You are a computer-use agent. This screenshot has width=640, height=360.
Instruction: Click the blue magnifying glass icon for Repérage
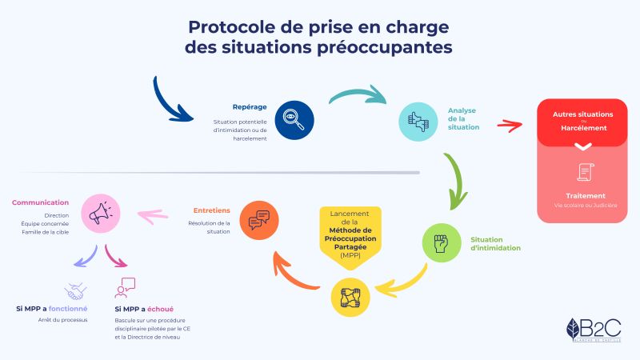pyautogui.click(x=294, y=120)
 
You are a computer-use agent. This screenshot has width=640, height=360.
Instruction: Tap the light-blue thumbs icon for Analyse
pyautogui.click(x=418, y=121)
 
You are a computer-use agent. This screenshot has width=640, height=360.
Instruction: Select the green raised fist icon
pyautogui.click(x=442, y=243)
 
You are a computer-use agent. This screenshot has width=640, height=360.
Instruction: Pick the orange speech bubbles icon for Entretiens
pyautogui.click(x=260, y=220)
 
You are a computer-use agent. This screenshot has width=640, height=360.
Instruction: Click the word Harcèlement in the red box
pyautogui.click(x=583, y=128)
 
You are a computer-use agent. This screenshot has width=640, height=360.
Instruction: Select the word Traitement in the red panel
pyautogui.click(x=583, y=195)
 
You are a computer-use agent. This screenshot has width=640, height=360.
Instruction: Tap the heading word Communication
pyautogui.click(x=40, y=202)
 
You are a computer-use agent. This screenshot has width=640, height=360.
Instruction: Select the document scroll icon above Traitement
pyautogui.click(x=583, y=172)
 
